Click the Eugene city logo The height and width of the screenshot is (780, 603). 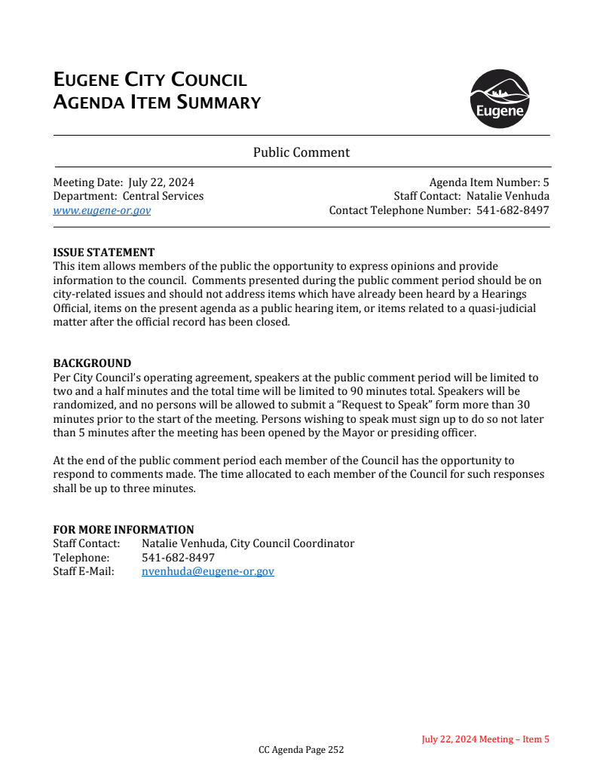[499, 99]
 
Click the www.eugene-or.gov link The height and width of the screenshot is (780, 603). [102, 210]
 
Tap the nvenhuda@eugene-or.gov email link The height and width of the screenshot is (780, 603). [208, 571]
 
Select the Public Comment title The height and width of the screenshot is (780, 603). [301, 152]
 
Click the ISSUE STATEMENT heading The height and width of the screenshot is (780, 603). [103, 252]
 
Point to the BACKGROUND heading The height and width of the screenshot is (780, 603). [92, 363]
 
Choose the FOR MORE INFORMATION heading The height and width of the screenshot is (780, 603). [123, 530]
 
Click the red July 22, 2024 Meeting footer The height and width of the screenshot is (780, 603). [485, 739]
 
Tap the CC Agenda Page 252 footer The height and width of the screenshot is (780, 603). [301, 750]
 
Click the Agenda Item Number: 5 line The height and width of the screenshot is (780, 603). [488, 182]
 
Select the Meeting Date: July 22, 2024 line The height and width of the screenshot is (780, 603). [124, 182]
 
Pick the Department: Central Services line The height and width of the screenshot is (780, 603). [128, 196]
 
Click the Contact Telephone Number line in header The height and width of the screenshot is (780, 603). [439, 210]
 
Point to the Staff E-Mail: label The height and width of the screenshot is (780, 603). [84, 571]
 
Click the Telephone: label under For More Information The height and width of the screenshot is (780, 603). [81, 558]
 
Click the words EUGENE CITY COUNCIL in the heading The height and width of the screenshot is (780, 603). [150, 80]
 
